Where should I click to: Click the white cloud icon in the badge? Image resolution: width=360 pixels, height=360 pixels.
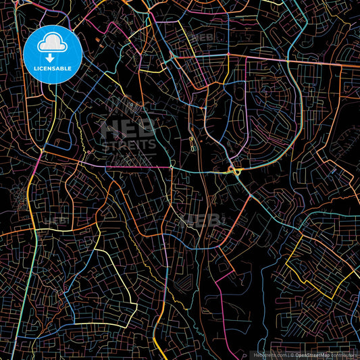(53, 45)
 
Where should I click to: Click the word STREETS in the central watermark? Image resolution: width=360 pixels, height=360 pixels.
(128, 145)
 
